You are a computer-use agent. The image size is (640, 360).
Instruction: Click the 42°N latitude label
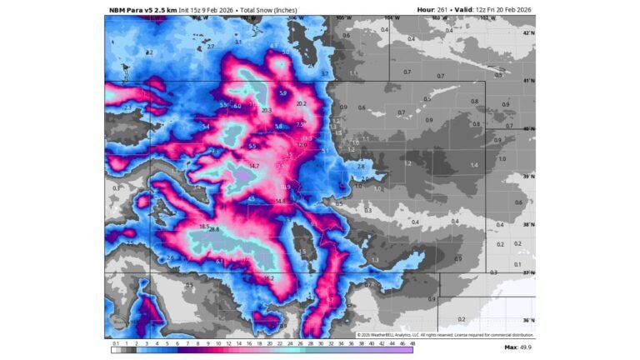pyautogui.click(x=528, y=32)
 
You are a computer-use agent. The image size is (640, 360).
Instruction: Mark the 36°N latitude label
pyautogui.click(x=528, y=320)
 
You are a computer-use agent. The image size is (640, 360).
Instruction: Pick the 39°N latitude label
pyautogui.click(x=528, y=177)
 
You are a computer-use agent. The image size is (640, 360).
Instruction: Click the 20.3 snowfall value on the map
pyautogui.click(x=267, y=110)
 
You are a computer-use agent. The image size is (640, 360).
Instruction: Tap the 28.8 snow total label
pyautogui.click(x=213, y=229)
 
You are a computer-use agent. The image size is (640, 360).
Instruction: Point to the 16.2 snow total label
pyautogui.click(x=268, y=277)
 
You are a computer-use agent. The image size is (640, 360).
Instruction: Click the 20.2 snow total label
pyautogui.click(x=301, y=104)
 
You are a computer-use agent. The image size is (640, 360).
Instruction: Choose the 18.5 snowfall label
pyautogui.click(x=203, y=226)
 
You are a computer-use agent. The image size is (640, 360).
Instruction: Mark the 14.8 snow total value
pyautogui.click(x=280, y=201)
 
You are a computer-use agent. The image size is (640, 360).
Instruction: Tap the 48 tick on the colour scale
pyautogui.click(x=412, y=342)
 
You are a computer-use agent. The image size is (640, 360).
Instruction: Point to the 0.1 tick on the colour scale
pyautogui.click(x=116, y=342)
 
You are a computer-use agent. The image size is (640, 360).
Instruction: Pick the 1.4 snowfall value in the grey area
pyautogui.click(x=474, y=166)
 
